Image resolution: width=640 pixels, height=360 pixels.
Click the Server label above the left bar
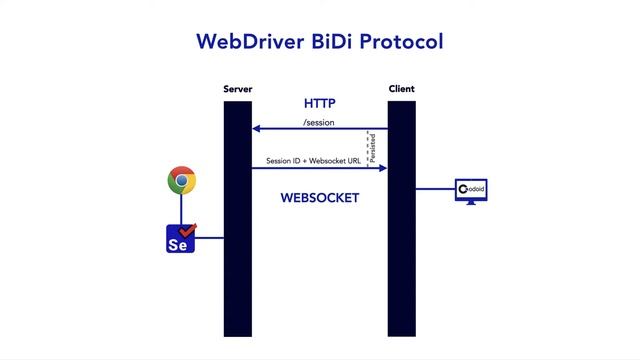pyautogui.click(x=238, y=89)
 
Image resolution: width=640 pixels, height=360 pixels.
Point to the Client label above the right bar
pyautogui.click(x=401, y=89)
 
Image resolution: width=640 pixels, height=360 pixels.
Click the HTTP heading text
pyautogui.click(x=319, y=104)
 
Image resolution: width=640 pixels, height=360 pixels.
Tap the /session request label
pyautogui.click(x=319, y=123)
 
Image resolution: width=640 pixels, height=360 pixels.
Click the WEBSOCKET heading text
pyautogui.click(x=319, y=198)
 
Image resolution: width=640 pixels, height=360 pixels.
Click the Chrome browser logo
pyautogui.click(x=181, y=181)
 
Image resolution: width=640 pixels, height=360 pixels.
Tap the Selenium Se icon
pyautogui.click(x=180, y=239)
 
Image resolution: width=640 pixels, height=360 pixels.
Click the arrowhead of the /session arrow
pyautogui.click(x=256, y=129)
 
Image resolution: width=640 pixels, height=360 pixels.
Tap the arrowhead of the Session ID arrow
pyautogui.click(x=383, y=167)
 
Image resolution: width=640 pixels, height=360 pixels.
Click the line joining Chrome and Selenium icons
pyautogui.click(x=181, y=209)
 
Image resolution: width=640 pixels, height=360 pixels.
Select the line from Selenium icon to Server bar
pyautogui.click(x=209, y=239)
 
